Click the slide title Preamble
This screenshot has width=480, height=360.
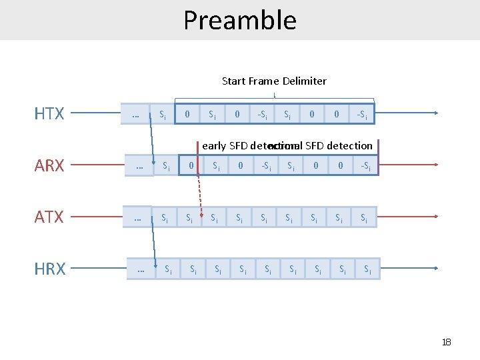240,20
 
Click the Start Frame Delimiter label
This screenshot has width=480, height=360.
274,81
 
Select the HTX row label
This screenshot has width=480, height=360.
49,113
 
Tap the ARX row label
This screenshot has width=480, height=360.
49,165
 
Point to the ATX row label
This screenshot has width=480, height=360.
49,217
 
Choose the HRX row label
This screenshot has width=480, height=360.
49,269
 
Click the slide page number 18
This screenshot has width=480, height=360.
446,342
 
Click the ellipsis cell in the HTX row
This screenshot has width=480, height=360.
135,114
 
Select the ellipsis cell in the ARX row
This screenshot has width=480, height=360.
139,165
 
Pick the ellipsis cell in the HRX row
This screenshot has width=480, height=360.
140,269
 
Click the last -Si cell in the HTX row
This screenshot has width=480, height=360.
362,114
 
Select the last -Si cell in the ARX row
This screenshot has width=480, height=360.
366,165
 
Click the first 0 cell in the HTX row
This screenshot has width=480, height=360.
187,114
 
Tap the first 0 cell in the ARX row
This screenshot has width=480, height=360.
191,165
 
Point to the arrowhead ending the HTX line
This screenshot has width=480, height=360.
435,113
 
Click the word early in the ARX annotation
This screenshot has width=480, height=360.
214,145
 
